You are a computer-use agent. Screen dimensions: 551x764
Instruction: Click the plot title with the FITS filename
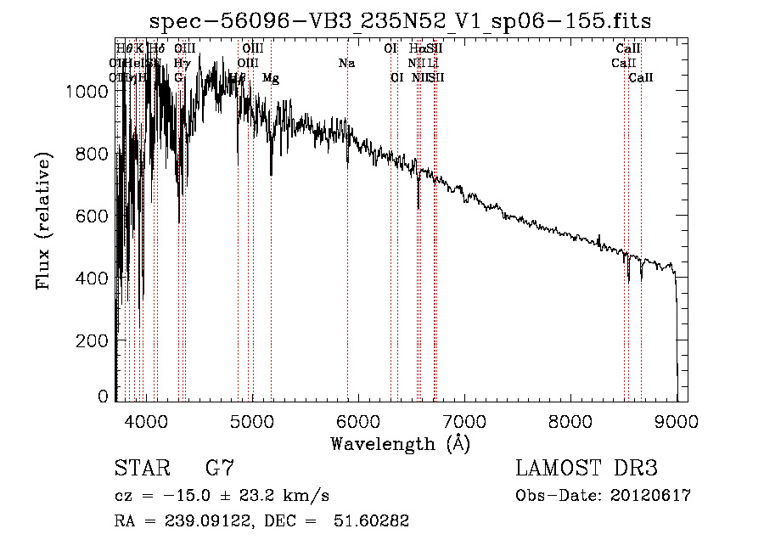[x=400, y=21]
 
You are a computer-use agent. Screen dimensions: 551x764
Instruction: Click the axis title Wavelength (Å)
[x=400, y=443]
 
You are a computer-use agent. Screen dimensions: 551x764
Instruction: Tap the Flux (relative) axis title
[x=42, y=221]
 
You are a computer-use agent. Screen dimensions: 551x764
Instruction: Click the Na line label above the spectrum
[x=346, y=64]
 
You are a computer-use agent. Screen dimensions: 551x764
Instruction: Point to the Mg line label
[x=271, y=78]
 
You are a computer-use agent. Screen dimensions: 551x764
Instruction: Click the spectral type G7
[x=219, y=468]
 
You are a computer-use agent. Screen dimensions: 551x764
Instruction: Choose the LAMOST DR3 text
[x=586, y=469]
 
